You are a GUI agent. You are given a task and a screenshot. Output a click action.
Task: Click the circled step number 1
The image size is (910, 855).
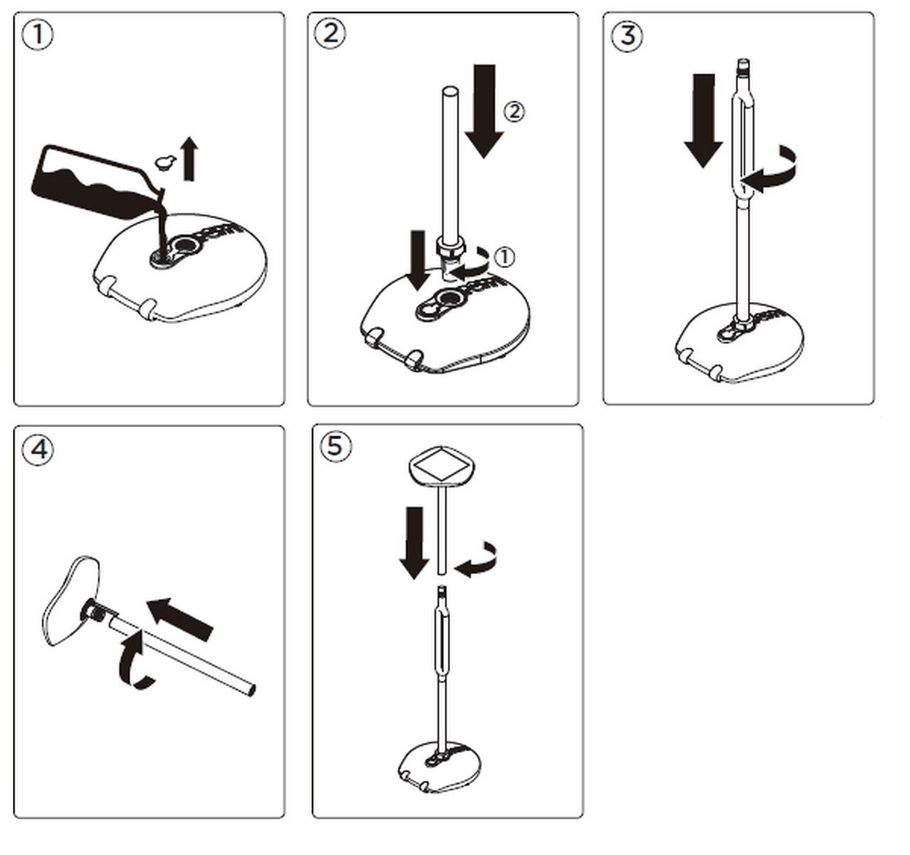38,35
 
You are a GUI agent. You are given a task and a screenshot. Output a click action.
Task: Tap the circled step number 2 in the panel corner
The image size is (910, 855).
330,33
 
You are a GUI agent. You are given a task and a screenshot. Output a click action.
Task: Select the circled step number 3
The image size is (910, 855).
626,35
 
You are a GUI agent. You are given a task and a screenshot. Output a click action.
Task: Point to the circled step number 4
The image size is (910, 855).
38,449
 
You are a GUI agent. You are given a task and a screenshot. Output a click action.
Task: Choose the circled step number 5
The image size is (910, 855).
336,446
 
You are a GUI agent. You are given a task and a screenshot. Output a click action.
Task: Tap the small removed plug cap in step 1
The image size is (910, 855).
165,162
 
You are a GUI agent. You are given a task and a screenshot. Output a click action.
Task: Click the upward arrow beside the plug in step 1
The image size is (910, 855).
189,159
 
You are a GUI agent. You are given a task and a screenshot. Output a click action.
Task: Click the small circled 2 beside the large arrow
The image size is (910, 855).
513,111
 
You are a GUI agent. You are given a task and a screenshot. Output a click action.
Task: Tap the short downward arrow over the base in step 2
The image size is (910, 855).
419,259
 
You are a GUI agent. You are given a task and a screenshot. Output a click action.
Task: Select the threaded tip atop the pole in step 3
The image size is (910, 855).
743,67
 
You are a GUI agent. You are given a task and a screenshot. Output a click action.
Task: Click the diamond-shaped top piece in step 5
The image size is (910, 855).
441,465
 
